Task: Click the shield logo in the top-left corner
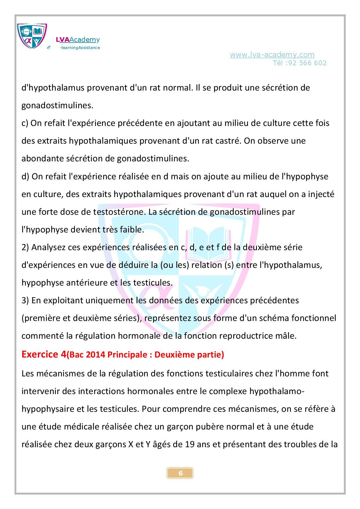click(32, 36)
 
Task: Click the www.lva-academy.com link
click(272, 55)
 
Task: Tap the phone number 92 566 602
click(307, 63)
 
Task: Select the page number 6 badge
click(180, 473)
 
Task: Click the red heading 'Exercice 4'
click(44, 354)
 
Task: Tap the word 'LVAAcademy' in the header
click(78, 40)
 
